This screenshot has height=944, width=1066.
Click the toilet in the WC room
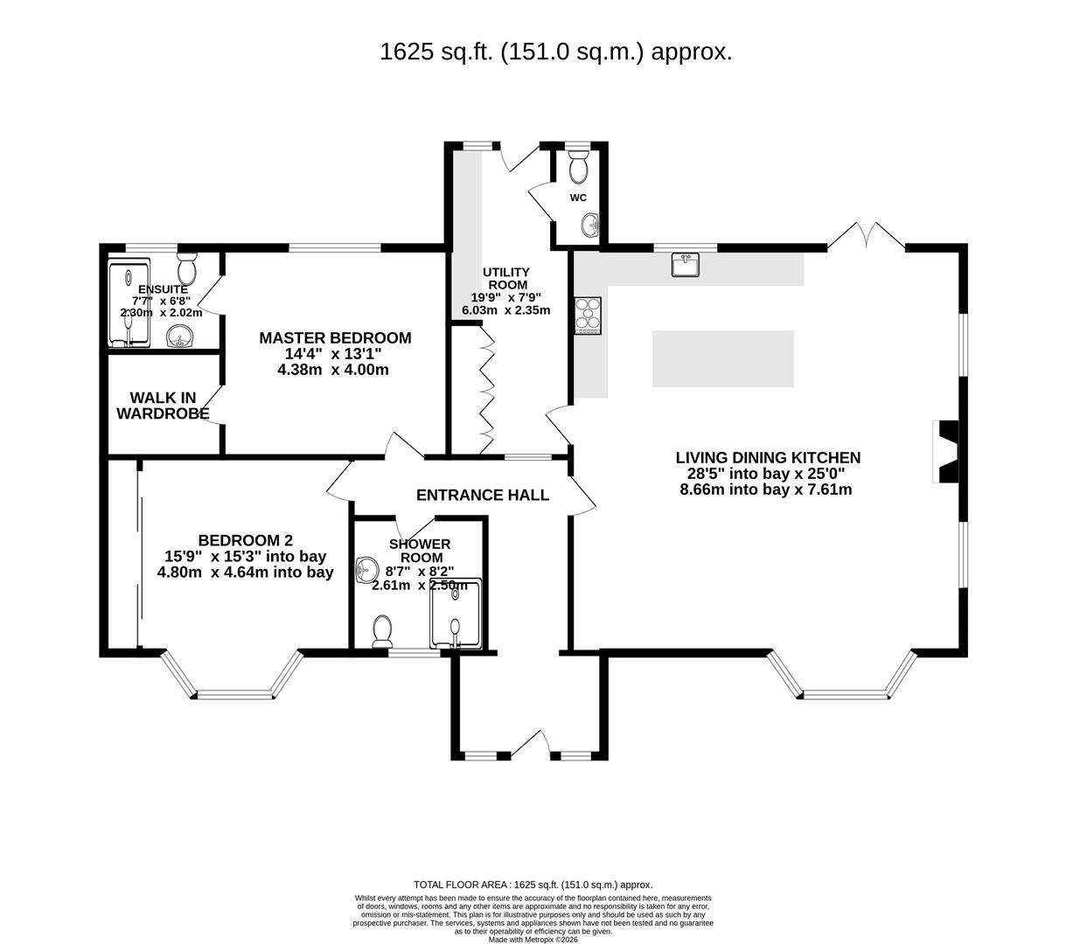(x=579, y=165)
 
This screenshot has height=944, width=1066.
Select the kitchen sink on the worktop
(x=685, y=264)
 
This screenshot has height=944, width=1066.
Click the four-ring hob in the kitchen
(x=588, y=316)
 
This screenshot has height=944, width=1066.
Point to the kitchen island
(x=722, y=358)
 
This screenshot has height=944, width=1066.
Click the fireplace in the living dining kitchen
(x=946, y=451)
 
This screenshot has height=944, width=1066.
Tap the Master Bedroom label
(x=335, y=338)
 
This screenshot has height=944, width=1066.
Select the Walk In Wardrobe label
(x=163, y=406)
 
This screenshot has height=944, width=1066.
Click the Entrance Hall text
(x=483, y=496)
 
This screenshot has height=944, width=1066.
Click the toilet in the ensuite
(x=186, y=266)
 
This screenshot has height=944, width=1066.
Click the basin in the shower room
(x=366, y=571)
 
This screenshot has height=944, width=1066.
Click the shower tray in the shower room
(x=455, y=614)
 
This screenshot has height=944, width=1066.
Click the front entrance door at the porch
(x=530, y=745)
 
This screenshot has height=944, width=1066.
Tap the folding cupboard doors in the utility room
(x=486, y=390)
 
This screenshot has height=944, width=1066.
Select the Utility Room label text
(x=506, y=278)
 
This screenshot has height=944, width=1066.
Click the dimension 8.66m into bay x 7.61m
(x=765, y=489)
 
